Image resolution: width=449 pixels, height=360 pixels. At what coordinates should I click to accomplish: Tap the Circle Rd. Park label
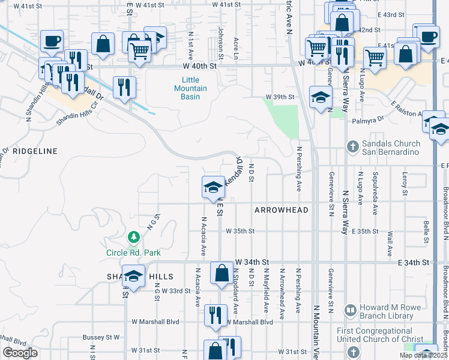point(133,253)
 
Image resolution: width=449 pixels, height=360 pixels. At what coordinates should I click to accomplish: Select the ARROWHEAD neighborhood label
point(281,210)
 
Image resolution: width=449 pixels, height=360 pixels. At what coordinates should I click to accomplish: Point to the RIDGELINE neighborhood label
point(35,152)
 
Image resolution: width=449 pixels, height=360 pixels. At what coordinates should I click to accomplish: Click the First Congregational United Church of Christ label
point(396,336)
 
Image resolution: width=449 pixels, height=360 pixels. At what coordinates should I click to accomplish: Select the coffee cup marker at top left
point(52,42)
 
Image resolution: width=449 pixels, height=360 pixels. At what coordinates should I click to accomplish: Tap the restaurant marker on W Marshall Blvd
point(215,314)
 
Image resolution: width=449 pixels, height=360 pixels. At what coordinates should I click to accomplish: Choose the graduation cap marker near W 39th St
point(321,97)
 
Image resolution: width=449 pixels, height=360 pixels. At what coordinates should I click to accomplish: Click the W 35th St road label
point(240,231)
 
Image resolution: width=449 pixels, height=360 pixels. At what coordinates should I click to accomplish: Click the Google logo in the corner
point(20,353)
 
